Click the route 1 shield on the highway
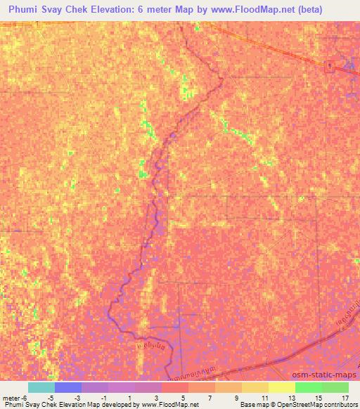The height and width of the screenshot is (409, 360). [329, 67]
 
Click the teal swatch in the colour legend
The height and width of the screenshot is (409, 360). [41, 387]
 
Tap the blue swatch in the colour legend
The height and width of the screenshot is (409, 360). [68, 387]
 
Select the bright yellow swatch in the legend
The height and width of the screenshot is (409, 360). [282, 387]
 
